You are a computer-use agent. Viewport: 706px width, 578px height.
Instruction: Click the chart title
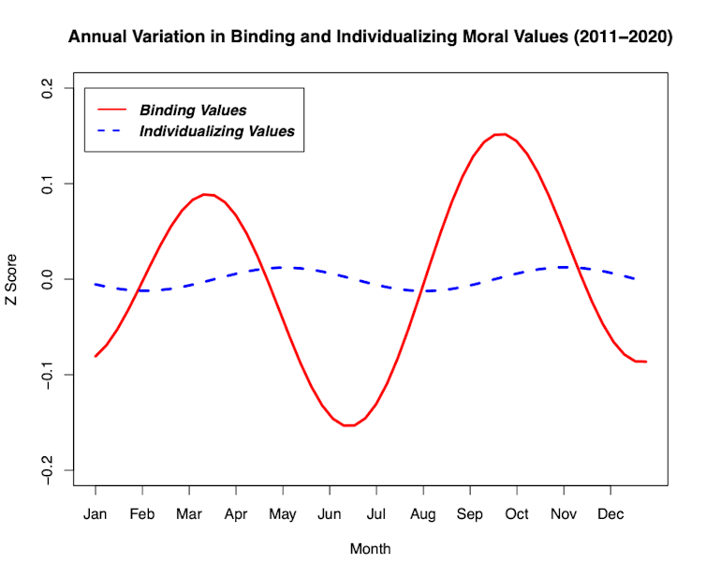click(370, 38)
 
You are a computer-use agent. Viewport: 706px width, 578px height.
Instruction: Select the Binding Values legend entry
click(193, 111)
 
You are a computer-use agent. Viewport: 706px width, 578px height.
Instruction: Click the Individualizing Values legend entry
click(216, 131)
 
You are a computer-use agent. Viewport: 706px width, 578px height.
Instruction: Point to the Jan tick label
click(96, 514)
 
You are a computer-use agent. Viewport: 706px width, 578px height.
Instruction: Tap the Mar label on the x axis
click(189, 514)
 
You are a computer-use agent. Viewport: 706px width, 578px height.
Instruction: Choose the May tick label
click(283, 514)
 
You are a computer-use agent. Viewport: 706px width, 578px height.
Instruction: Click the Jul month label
click(376, 514)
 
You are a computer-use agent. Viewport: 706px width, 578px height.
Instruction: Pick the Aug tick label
click(423, 514)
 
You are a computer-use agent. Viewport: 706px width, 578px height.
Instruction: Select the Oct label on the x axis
click(517, 514)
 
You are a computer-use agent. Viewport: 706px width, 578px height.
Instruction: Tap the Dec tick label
click(610, 514)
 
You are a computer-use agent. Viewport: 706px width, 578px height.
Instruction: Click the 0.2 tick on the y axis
click(48, 88)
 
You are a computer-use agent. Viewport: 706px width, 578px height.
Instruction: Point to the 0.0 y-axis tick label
click(48, 279)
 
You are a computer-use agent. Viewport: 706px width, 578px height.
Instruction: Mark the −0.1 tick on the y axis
click(48, 375)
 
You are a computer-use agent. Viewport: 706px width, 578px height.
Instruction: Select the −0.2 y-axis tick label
click(48, 470)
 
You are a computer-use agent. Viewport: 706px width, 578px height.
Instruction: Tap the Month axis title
click(370, 549)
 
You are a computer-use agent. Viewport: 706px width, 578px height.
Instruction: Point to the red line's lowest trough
click(349, 425)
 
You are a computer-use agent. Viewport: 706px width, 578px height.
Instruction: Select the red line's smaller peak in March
click(207, 194)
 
